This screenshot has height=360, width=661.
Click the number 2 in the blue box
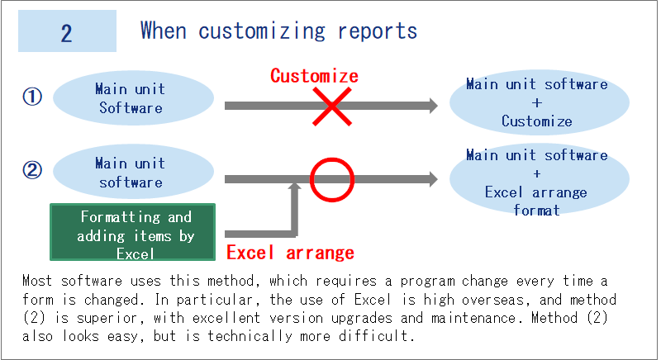pyautogui.click(x=67, y=32)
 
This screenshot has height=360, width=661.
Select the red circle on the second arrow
pyautogui.click(x=331, y=178)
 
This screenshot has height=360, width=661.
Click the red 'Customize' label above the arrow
pyautogui.click(x=314, y=76)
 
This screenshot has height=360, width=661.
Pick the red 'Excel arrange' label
pyautogui.click(x=290, y=253)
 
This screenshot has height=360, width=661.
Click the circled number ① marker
pyautogui.click(x=31, y=97)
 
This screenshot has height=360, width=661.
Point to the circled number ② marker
pyautogui.click(x=31, y=171)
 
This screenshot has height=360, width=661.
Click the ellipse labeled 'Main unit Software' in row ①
pyautogui.click(x=130, y=98)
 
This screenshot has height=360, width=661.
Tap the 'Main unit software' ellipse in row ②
pyautogui.click(x=130, y=173)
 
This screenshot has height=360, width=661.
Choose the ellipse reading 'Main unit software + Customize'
pyautogui.click(x=537, y=102)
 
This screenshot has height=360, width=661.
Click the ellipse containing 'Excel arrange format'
pyautogui.click(x=537, y=182)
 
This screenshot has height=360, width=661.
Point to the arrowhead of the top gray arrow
pyautogui.click(x=430, y=106)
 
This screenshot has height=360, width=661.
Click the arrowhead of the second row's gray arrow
pyautogui.click(x=430, y=179)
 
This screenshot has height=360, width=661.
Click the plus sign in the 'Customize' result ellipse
pyautogui.click(x=537, y=102)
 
